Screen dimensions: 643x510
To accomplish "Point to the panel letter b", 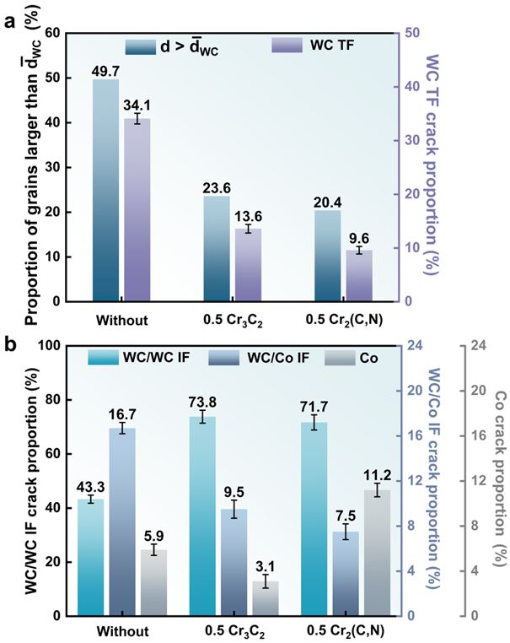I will tap(9, 344).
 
